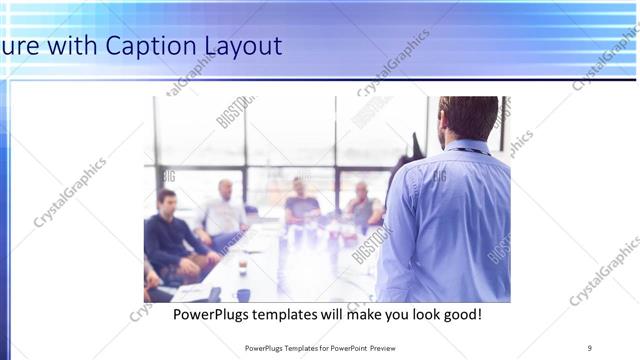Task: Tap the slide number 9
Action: point(589,347)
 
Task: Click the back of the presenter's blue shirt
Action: point(446,220)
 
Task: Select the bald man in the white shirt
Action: point(224,211)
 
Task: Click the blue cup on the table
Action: point(243,294)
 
